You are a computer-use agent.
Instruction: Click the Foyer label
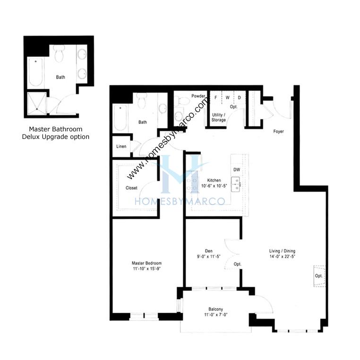click(278, 131)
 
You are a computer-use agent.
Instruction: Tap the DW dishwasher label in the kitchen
click(237, 170)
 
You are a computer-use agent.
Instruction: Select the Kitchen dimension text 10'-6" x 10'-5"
click(214, 186)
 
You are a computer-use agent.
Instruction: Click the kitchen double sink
click(236, 184)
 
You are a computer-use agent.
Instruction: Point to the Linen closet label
click(121, 146)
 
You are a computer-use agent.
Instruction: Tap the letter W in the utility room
click(228, 98)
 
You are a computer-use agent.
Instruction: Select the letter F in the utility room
click(215, 98)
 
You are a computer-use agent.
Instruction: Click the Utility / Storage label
click(219, 117)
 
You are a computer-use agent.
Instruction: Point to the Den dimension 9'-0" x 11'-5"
click(209, 257)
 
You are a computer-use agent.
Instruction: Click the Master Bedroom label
click(147, 263)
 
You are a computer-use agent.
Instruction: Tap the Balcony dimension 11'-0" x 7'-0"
click(215, 315)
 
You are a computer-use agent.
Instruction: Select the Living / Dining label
click(282, 251)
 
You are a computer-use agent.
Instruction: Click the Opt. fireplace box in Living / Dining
click(319, 276)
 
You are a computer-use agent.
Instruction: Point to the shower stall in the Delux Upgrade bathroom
click(37, 104)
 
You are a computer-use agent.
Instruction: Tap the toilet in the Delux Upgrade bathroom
click(59, 53)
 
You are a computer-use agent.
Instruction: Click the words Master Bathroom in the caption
click(56, 129)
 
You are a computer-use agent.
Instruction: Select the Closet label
click(131, 188)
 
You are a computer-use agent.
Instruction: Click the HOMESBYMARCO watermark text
click(180, 201)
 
